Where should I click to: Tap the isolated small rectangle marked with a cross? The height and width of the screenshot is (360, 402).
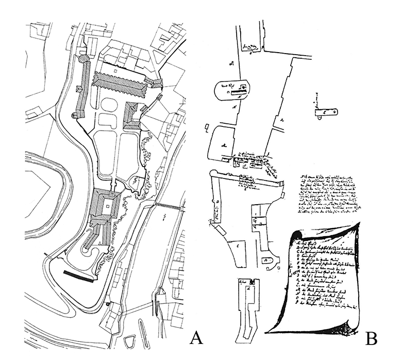point(326,111)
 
